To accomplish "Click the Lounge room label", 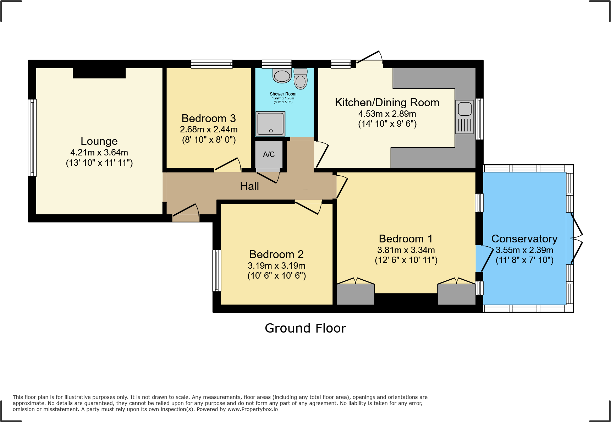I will pos(99,141).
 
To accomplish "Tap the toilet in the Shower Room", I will pos(301,79).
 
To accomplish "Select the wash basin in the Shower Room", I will pos(282,76).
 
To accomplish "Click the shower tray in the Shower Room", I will pos(270,124).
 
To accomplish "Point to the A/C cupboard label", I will pos(269,154).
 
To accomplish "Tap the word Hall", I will pos(249,186).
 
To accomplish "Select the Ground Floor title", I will pos(305,328).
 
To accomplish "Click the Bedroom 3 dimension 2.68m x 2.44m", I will pos(209,130).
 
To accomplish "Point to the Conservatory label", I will pos(524,239).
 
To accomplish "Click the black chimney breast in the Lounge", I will pos(99,73).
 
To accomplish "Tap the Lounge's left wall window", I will pos(32,138).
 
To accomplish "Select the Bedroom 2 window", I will pos(217,271).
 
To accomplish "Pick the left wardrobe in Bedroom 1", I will pos(355,294).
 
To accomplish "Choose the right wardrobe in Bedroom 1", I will pos(457,294).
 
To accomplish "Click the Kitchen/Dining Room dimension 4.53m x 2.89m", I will pos(387,114).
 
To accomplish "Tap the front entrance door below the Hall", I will pos(186,214).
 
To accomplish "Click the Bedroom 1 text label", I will pos(406,239).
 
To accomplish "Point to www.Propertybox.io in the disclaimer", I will pos(253,409).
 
